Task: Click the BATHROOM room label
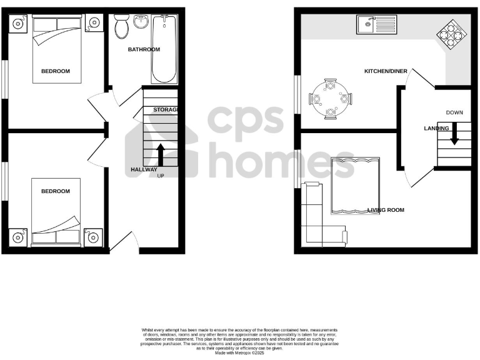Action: click(x=144, y=49)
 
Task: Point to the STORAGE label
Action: click(x=166, y=110)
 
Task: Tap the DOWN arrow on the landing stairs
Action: click(x=454, y=133)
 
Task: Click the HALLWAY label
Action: click(x=144, y=169)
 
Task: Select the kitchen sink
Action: click(x=373, y=26)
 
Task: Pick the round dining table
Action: click(x=329, y=98)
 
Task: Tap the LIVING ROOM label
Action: click(x=387, y=210)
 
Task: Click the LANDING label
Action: click(x=436, y=128)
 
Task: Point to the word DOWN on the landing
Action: click(x=454, y=112)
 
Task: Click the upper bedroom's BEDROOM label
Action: click(x=56, y=71)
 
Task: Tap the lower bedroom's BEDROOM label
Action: click(x=56, y=191)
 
